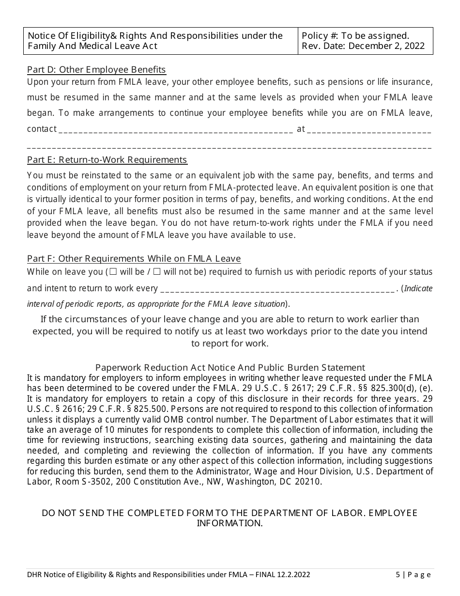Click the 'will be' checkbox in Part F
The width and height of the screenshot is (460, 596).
pyautogui.click(x=113, y=272)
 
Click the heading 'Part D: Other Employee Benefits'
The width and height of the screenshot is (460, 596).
pyautogui.click(x=96, y=69)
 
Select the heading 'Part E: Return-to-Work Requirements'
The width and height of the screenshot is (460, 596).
pyautogui.click(x=107, y=160)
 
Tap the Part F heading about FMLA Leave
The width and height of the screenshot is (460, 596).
pyautogui.click(x=134, y=259)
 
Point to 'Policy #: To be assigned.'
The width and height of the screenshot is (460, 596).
pyautogui.click(x=355, y=35)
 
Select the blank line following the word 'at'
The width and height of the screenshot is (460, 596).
pyautogui.click(x=369, y=130)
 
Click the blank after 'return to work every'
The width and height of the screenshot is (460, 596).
pyautogui.click(x=277, y=289)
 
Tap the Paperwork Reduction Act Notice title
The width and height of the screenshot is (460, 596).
pyautogui.click(x=230, y=368)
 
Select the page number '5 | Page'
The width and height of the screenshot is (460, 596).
pyautogui.click(x=413, y=575)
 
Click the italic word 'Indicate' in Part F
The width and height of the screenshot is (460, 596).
pyautogui.click(x=418, y=289)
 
